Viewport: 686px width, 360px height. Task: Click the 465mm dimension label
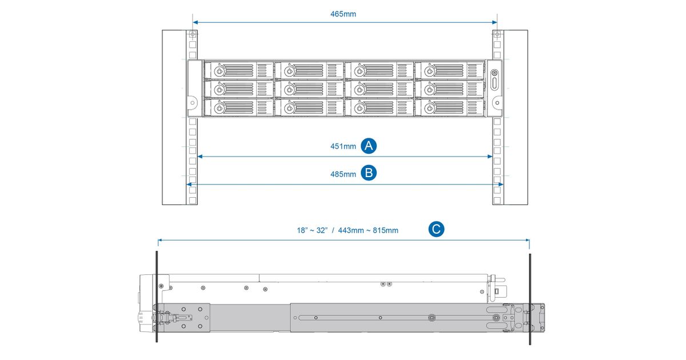343,14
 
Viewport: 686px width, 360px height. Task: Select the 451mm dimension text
343,146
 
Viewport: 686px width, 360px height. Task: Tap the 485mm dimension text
343,174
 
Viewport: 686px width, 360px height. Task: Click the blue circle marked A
369,146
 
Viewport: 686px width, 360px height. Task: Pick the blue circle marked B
369,173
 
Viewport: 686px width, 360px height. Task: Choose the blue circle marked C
436,230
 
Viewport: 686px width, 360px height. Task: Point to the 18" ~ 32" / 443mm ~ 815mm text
347,230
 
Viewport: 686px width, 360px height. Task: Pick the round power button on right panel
494,73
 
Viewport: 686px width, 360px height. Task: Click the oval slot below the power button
494,84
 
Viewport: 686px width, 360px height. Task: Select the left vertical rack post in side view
156,297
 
